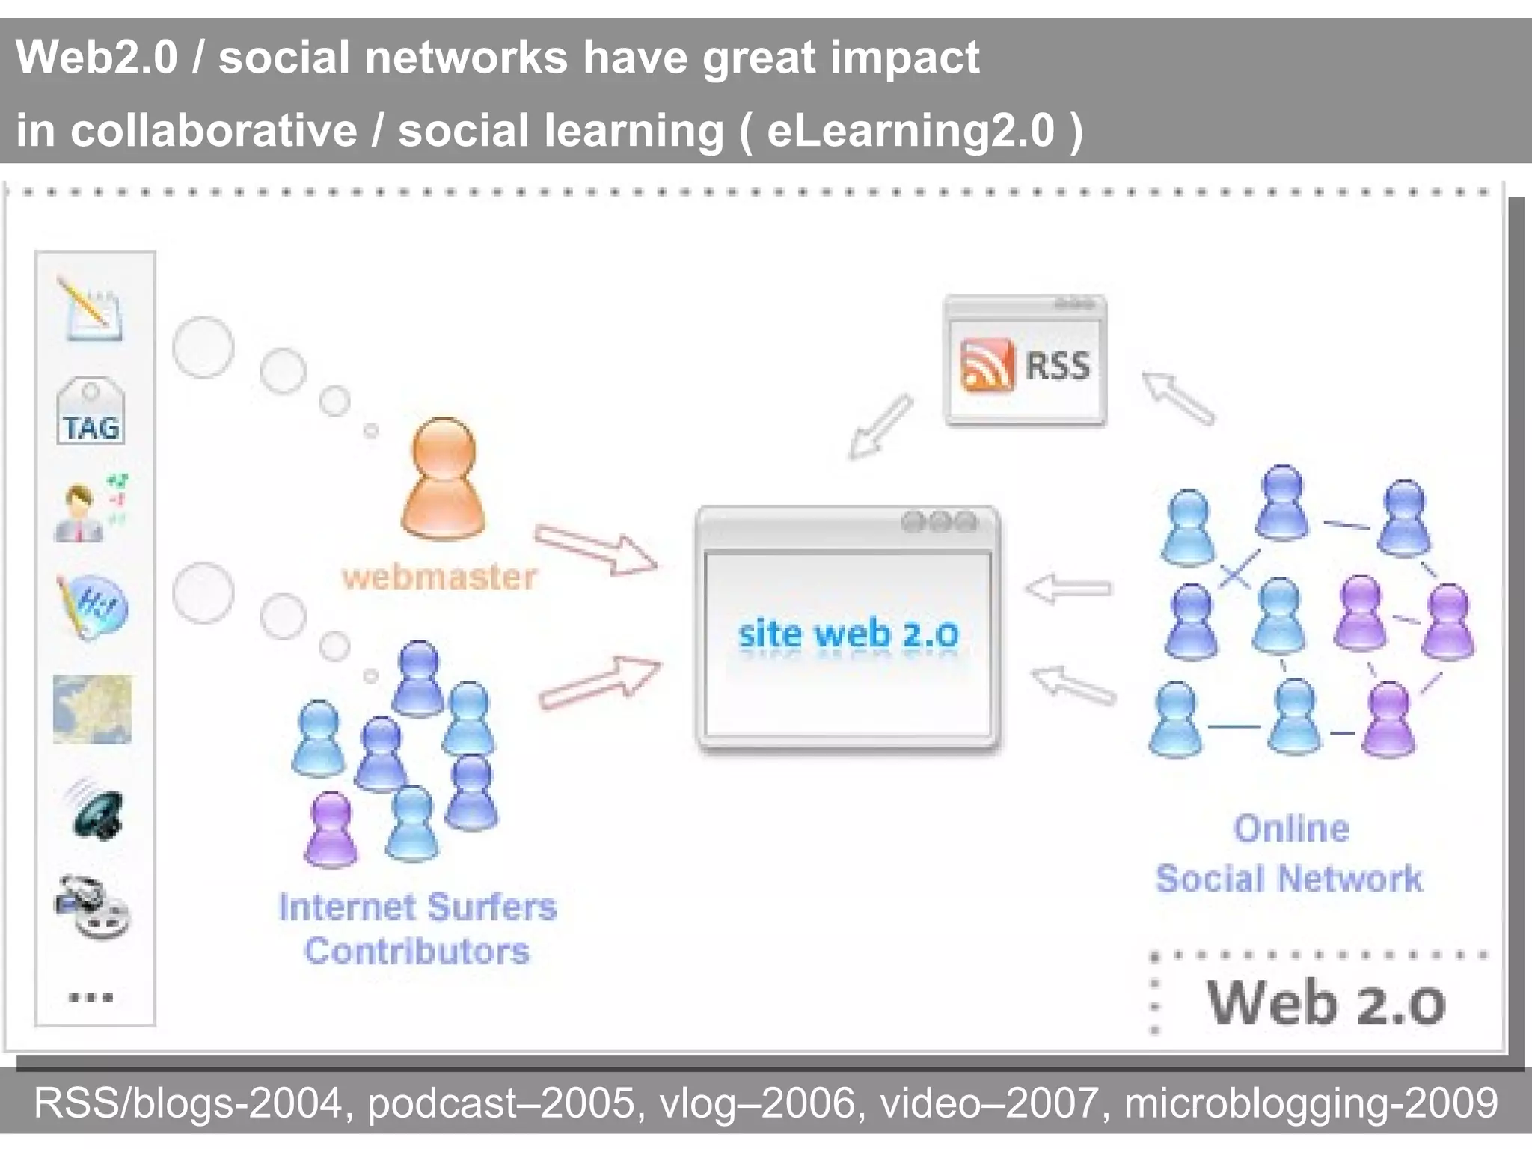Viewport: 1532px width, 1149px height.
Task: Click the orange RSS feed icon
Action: (987, 365)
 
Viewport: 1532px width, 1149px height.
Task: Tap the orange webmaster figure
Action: (444, 479)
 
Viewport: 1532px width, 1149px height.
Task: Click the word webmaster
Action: (440, 577)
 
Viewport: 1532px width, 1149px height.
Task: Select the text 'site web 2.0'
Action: (848, 634)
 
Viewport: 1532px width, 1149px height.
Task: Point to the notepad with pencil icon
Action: (91, 310)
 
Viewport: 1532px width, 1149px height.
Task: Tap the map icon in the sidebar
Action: (92, 709)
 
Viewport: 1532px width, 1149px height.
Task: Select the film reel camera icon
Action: (93, 907)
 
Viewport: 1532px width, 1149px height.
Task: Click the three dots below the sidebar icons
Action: (91, 997)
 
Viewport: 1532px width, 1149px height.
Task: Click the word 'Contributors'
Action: (417, 952)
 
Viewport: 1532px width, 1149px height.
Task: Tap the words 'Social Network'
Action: (1288, 879)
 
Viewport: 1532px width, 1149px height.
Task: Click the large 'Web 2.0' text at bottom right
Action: (1326, 1003)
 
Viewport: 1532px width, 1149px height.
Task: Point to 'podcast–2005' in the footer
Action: (500, 1103)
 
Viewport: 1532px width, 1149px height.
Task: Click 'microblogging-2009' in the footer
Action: (1311, 1103)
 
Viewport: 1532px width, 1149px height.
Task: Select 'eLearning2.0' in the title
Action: (910, 131)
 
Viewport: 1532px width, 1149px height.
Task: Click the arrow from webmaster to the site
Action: (596, 550)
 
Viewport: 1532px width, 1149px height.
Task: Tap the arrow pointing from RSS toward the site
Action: (880, 426)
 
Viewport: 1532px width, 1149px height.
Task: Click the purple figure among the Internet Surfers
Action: (331, 829)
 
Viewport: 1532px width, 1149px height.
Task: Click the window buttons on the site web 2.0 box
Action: (940, 521)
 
